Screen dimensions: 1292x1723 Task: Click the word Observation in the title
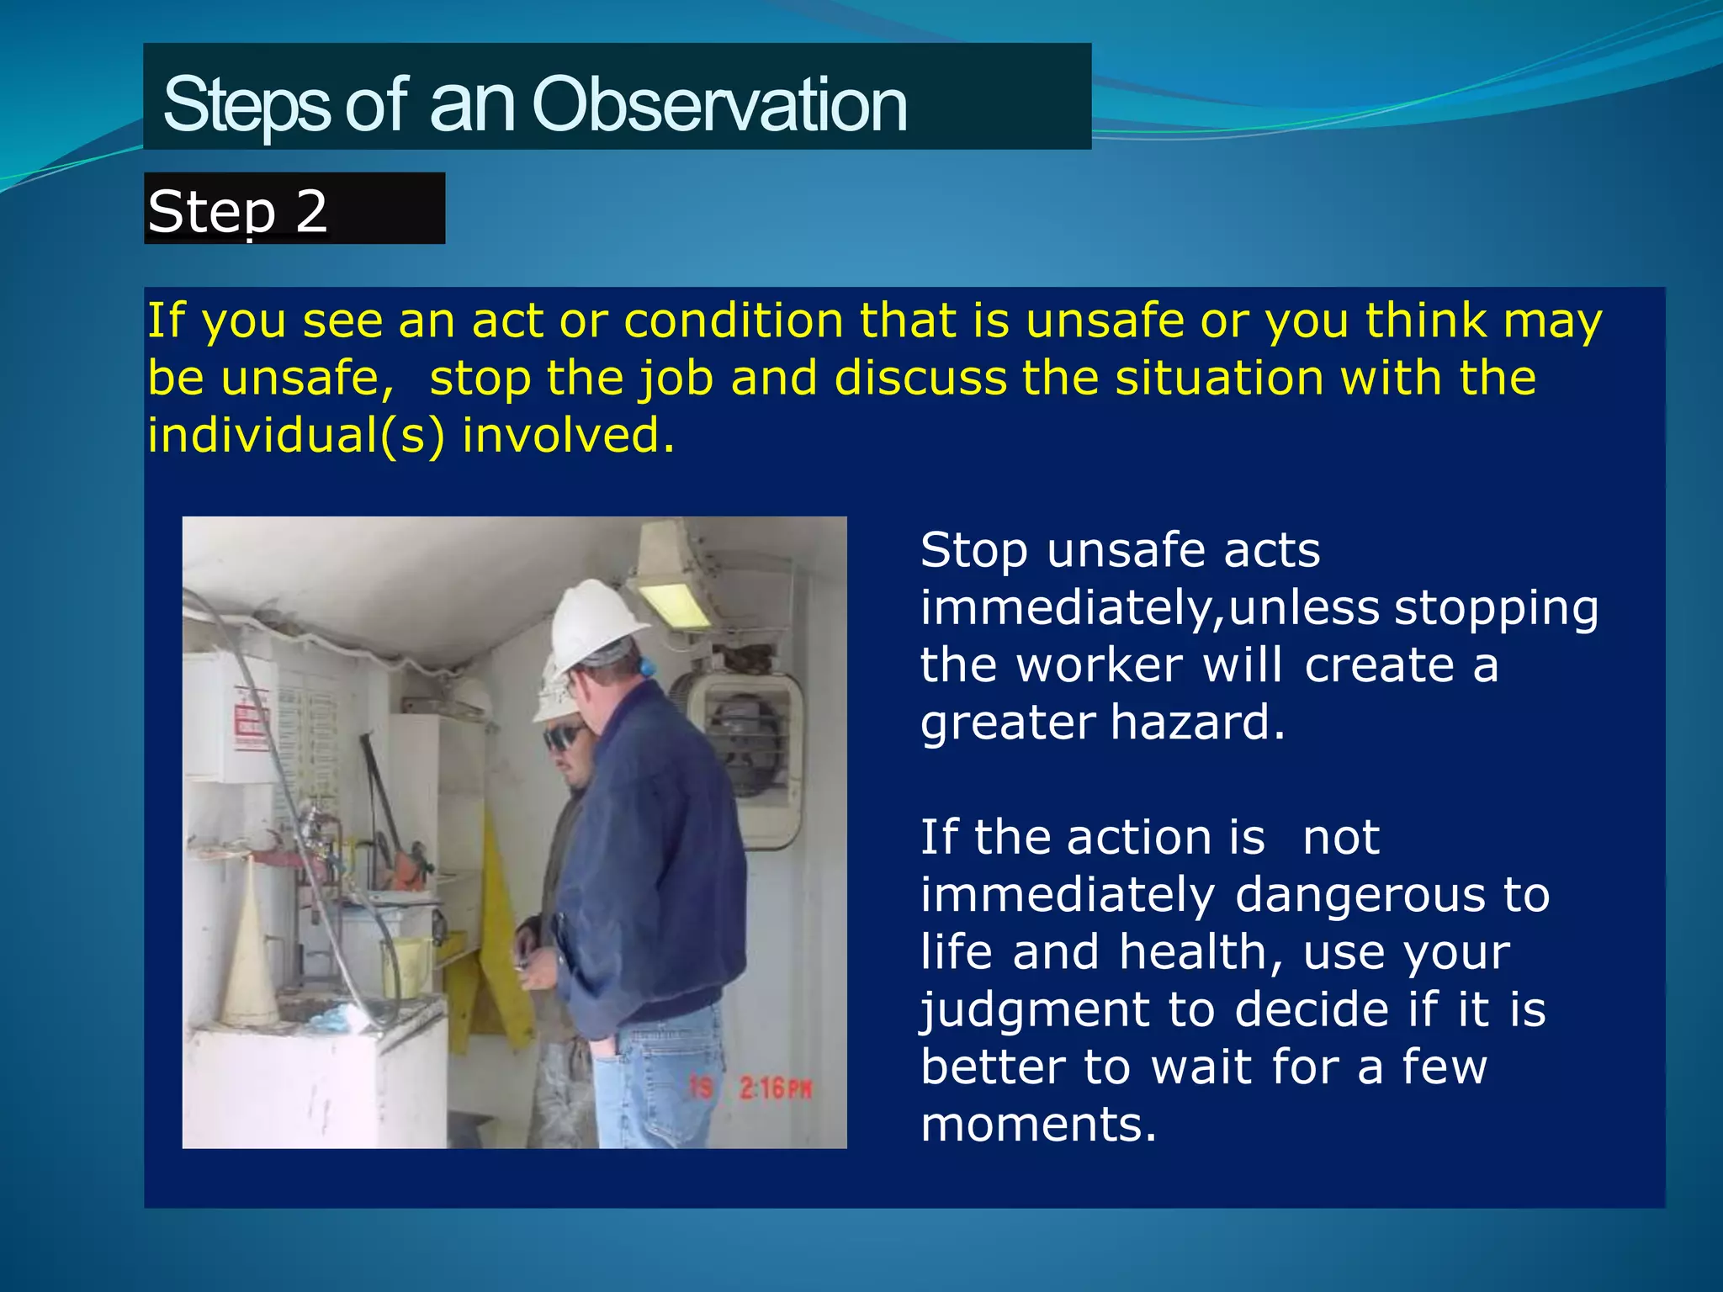(x=719, y=105)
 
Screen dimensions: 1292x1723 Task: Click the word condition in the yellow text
(x=733, y=320)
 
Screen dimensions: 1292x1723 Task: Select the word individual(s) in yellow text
(x=295, y=436)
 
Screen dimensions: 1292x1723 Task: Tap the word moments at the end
(x=1038, y=1125)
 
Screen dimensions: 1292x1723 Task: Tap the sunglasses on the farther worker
(x=564, y=738)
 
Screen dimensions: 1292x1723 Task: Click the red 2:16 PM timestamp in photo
(x=774, y=1089)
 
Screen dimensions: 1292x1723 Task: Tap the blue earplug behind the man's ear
(x=647, y=668)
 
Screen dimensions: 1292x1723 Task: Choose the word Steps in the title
(x=246, y=105)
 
